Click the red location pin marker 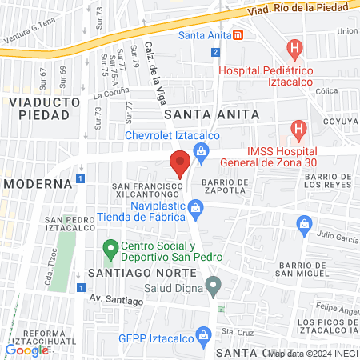pos(180,163)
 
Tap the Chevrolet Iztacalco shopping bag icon pos(201,150)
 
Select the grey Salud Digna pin pos(213,285)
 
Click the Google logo pos(26,350)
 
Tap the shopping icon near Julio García pos(302,226)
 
